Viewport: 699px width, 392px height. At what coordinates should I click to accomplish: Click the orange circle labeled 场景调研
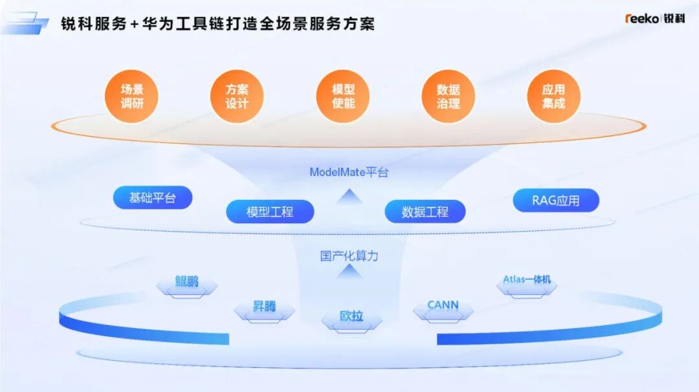point(131,96)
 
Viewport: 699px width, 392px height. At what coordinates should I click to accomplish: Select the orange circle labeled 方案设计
point(237,96)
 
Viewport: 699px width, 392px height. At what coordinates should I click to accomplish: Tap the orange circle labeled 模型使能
point(343,96)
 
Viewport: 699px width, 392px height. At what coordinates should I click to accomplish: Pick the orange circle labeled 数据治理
point(448,96)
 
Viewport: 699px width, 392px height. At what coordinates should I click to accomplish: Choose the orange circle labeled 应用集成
point(553,96)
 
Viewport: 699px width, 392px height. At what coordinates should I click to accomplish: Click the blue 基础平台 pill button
point(153,197)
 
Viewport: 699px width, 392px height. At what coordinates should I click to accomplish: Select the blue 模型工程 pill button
point(270,212)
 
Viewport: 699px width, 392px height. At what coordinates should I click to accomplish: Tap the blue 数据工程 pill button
point(425,212)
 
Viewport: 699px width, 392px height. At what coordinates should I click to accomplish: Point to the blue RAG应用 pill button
point(556,201)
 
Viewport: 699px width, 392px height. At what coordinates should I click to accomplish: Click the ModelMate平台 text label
point(349,172)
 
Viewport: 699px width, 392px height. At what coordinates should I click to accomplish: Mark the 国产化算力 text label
point(349,256)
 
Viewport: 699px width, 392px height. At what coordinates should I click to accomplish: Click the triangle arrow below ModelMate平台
point(349,196)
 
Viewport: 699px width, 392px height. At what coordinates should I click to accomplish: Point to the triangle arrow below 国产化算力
point(349,271)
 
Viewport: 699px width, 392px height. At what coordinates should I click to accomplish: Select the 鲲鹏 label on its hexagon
point(186,281)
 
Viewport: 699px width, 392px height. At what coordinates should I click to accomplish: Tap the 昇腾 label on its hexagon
point(264,306)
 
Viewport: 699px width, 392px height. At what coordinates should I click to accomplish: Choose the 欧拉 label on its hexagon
point(351,316)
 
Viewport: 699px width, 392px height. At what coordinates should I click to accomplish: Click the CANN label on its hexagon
point(443,305)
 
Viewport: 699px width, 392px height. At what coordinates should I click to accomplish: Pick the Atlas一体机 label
point(527,279)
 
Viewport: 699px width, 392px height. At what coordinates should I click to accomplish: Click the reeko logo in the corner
point(654,18)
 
